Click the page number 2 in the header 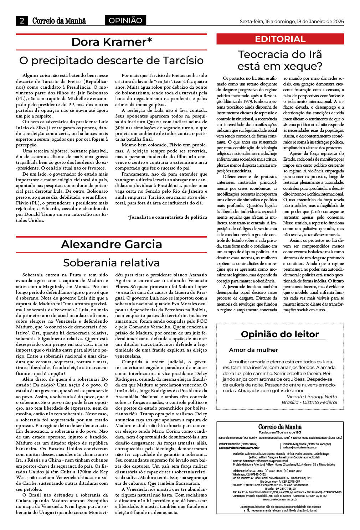(22, 21)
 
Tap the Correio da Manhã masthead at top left (59, 21)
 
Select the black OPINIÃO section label (125, 21)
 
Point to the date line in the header (292, 21)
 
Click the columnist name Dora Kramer (112, 42)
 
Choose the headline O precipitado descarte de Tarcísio (112, 60)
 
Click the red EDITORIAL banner (280, 39)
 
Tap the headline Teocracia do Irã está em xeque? (280, 60)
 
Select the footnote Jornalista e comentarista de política (167, 217)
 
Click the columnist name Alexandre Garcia (112, 244)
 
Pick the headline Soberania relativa (112, 263)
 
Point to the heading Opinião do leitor (280, 334)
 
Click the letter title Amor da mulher (253, 350)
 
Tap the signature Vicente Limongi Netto (312, 396)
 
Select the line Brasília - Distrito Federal (309, 402)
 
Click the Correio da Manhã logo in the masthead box (280, 427)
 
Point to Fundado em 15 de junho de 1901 (280, 432)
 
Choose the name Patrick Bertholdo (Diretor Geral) (238, 444)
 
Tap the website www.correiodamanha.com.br (280, 499)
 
